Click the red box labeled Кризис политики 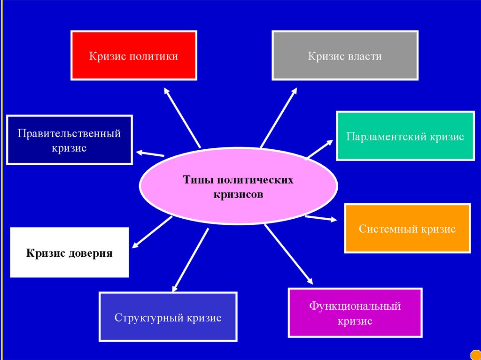(x=134, y=55)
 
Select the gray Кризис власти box (x=345, y=55)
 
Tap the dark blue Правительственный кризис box (x=70, y=140)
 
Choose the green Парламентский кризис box (x=405, y=136)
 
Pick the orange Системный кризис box (x=407, y=228)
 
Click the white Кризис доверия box (x=70, y=253)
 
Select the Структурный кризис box (x=168, y=316)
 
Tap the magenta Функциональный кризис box (x=355, y=313)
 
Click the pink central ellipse (x=239, y=185)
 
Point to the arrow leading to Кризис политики (x=182, y=117)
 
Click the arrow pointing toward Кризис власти (x=279, y=117)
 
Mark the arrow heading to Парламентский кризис (x=319, y=150)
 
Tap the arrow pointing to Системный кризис (x=321, y=218)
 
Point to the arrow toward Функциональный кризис (x=288, y=254)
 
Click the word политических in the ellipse (x=264, y=180)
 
